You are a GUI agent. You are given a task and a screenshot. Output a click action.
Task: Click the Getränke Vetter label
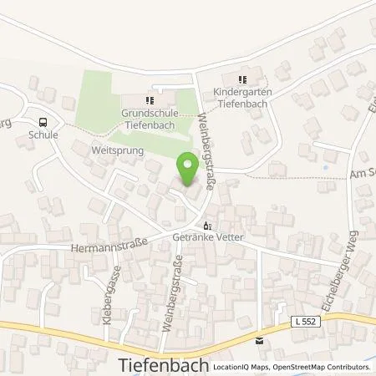pos(206,238)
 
